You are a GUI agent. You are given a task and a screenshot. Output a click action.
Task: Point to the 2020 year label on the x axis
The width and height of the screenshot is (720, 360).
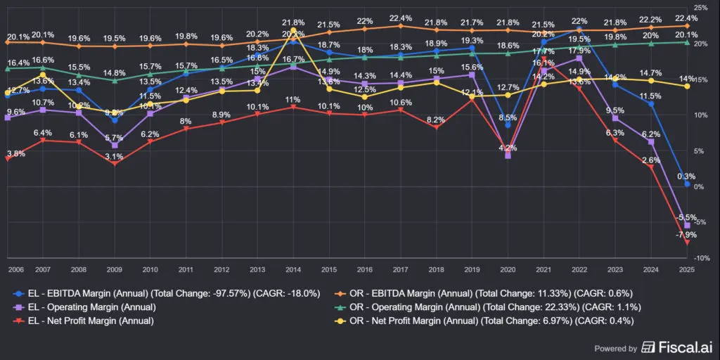pyautogui.click(x=507, y=269)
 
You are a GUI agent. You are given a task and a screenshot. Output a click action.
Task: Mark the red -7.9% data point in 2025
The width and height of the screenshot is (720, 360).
pyautogui.click(x=687, y=242)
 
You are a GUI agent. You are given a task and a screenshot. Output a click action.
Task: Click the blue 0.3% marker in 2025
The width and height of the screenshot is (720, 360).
pyautogui.click(x=687, y=184)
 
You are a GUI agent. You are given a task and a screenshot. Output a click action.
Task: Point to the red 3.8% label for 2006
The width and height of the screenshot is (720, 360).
pyautogui.click(x=15, y=153)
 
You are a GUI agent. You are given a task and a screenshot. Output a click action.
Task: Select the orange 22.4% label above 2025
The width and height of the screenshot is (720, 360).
pyautogui.click(x=687, y=18)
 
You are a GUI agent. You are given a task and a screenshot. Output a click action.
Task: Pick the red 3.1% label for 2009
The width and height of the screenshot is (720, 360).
pyautogui.click(x=115, y=156)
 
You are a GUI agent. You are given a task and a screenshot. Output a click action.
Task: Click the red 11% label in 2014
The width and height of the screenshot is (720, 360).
pyautogui.click(x=292, y=100)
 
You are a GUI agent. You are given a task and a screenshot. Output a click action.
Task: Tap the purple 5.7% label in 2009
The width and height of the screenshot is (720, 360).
pyautogui.click(x=115, y=138)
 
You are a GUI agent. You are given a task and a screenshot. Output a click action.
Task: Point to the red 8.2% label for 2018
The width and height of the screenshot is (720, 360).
pyautogui.click(x=436, y=120)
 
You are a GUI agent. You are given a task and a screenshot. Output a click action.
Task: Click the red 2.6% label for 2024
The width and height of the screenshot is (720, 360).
pyautogui.click(x=651, y=160)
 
